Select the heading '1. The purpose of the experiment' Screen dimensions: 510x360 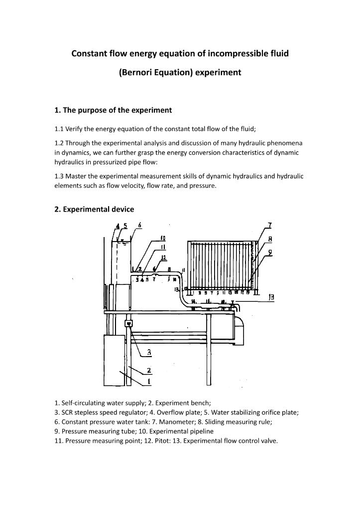113,110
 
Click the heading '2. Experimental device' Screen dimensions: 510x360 94,209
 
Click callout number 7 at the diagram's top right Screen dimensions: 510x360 269,225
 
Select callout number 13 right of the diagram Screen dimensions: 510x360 271,297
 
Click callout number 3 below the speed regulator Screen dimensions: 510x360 149,352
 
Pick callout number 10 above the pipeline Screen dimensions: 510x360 163,238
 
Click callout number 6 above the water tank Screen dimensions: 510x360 140,225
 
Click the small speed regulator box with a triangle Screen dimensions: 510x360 128,324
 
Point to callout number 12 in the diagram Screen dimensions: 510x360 163,257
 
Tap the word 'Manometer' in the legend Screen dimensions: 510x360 164,421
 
